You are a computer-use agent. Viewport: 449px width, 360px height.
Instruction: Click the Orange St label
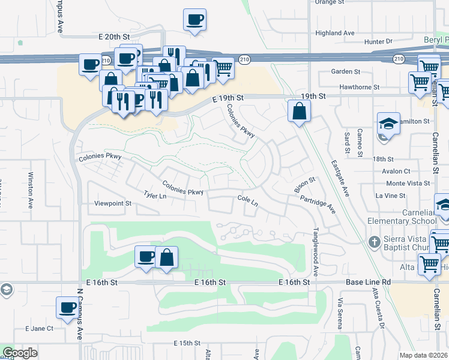[327, 2]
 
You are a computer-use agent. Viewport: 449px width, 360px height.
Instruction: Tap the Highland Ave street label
[335, 33]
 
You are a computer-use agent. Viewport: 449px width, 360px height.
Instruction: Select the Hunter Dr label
[378, 41]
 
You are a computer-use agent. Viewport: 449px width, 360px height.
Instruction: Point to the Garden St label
[345, 71]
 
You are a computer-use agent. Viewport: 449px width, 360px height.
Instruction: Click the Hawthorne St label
[360, 87]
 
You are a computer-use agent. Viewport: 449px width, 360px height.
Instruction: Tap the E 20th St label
[114, 37]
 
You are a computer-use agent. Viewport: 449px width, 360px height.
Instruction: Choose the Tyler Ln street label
[155, 195]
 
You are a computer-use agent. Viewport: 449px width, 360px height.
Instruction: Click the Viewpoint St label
[113, 204]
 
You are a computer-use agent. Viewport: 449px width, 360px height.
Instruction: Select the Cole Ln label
[247, 200]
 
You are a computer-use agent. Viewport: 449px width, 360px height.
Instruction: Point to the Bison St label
[304, 185]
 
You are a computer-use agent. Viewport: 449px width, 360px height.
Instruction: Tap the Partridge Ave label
[318, 203]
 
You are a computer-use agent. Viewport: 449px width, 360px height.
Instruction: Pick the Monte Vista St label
[403, 183]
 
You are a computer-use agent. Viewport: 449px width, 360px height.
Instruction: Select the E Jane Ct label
[39, 329]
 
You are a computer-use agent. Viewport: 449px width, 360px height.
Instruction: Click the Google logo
[19, 353]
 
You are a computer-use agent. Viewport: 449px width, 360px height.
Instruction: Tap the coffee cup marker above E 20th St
[194, 19]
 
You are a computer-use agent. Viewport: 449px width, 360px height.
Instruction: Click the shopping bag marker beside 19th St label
[299, 111]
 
